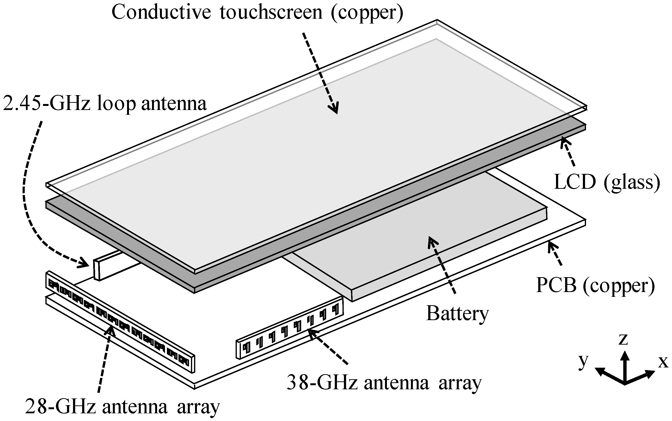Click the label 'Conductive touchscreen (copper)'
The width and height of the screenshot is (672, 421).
[257, 12]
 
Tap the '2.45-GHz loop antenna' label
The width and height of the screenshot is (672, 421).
[105, 104]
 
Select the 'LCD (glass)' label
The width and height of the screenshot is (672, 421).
[607, 182]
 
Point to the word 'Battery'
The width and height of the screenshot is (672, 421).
[457, 313]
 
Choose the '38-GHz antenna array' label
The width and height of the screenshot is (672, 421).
[384, 383]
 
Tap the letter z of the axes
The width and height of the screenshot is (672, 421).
[623, 339]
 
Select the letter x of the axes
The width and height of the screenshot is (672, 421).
[663, 362]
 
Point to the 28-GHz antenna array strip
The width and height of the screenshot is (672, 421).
[120, 320]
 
